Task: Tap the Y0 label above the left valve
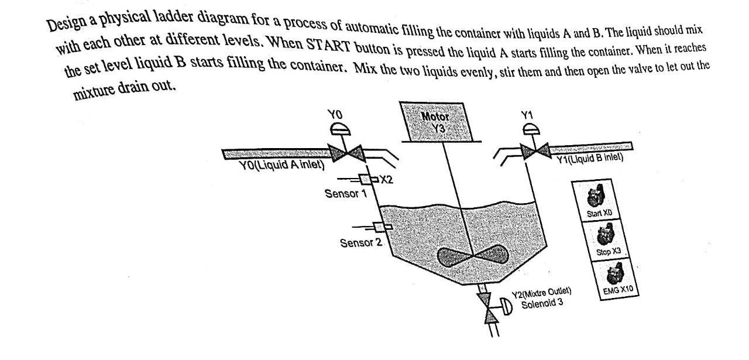click(334, 115)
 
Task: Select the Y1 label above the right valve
click(527, 115)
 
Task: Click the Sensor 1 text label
click(345, 193)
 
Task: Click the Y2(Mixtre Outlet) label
click(541, 292)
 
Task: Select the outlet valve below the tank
click(488, 307)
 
